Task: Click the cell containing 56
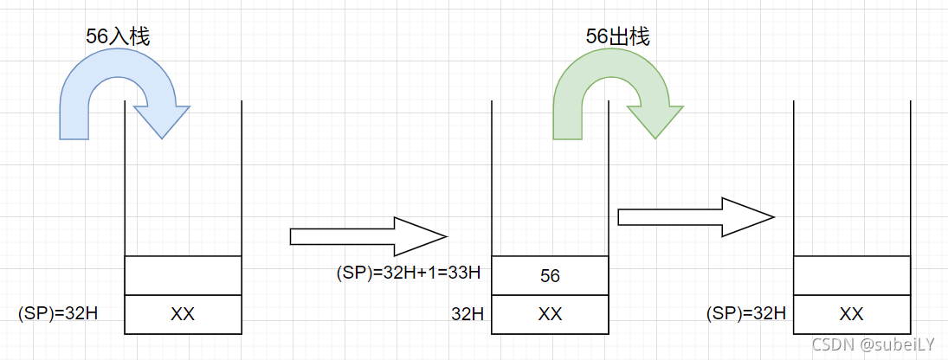[550, 276]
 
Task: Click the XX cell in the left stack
[183, 314]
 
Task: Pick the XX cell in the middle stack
[550, 314]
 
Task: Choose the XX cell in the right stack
[852, 314]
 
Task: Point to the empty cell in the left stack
[183, 275]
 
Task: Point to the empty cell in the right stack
[852, 275]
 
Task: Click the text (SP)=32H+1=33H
[408, 273]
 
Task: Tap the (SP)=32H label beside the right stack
[746, 313]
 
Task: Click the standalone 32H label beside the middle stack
[468, 314]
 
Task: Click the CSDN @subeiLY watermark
[874, 344]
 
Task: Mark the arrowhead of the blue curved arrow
[161, 121]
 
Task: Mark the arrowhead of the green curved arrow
[655, 121]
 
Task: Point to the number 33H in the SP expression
[463, 273]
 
